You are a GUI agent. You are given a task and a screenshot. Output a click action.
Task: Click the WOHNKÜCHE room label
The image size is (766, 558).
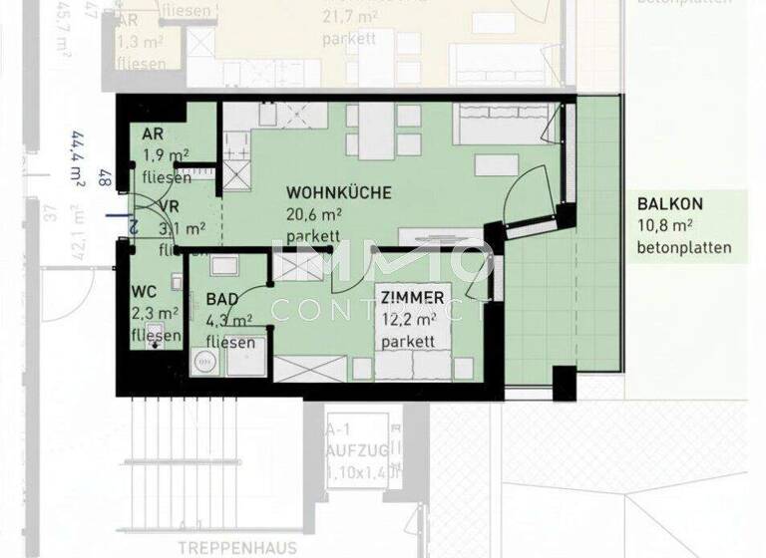(x=339, y=192)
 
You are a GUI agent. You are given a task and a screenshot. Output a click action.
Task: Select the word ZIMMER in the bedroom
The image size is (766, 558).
(x=412, y=298)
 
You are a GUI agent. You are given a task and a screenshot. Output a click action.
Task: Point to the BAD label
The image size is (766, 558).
(x=222, y=299)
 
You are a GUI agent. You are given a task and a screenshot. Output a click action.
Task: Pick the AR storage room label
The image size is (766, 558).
(x=154, y=135)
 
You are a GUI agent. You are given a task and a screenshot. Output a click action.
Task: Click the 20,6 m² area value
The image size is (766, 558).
(x=314, y=214)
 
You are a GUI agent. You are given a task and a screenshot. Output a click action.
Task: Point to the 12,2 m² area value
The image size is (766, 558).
(x=408, y=320)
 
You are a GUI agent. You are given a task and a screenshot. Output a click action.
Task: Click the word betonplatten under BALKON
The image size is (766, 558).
(x=684, y=248)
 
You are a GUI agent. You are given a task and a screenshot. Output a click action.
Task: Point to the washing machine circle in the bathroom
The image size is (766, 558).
(x=211, y=363)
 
